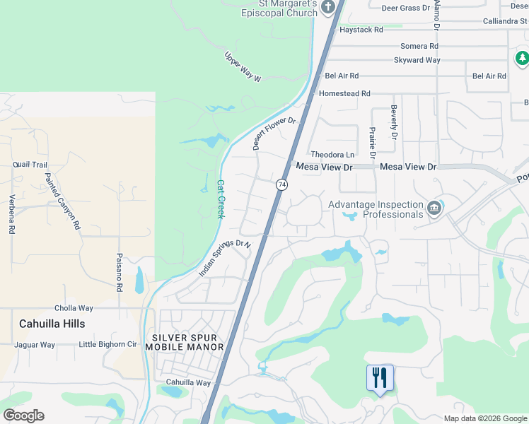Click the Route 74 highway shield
[x=281, y=184]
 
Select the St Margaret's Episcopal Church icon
[x=327, y=8]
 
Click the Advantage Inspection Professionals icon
[x=434, y=208]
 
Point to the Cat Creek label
[x=220, y=198]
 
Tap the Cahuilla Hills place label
[x=52, y=324]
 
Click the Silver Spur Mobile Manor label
[x=185, y=342]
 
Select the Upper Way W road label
[x=243, y=67]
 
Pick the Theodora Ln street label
[x=332, y=155]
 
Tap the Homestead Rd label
[x=345, y=93]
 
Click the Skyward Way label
[x=417, y=60]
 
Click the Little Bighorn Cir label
[x=107, y=345]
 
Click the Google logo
[x=23, y=416]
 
